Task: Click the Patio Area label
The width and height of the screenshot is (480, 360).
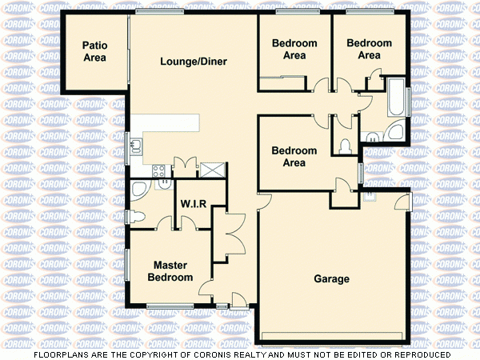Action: [x=95, y=51]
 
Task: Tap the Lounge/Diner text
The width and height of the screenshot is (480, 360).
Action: [x=194, y=62]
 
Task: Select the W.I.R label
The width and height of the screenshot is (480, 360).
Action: [x=194, y=204]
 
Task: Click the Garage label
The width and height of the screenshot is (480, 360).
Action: [x=331, y=279]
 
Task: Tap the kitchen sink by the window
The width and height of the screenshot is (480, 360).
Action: [x=137, y=146]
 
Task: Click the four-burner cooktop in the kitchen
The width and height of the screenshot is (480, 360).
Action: [x=158, y=170]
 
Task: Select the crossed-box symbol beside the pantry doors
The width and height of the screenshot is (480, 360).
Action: [x=213, y=169]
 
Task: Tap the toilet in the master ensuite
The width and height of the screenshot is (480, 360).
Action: [x=138, y=214]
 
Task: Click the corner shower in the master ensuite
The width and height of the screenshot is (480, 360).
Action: [x=139, y=190]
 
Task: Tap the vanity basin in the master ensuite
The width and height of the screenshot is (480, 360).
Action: [x=165, y=182]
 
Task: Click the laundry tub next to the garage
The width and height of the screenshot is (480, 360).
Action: [x=370, y=195]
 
